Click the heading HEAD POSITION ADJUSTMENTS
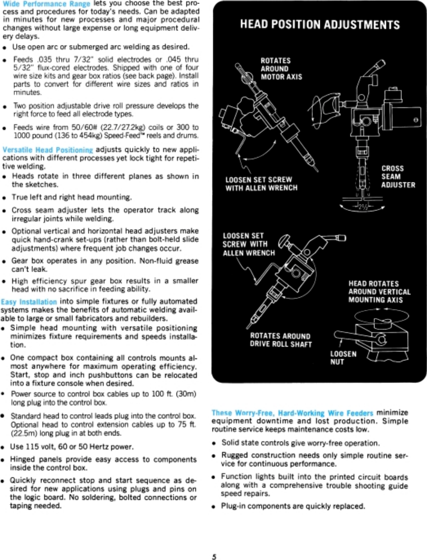(320, 25)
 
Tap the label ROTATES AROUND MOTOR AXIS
(281, 69)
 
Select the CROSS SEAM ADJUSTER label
(398, 176)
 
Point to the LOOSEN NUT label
(343, 358)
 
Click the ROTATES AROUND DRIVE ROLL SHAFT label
(281, 340)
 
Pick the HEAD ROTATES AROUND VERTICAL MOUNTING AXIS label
(379, 292)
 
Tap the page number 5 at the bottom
(214, 556)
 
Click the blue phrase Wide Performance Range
(46, 4)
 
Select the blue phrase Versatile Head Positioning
(48, 150)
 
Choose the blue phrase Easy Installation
(29, 302)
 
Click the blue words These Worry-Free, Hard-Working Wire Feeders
(292, 413)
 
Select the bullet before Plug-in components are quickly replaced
(214, 507)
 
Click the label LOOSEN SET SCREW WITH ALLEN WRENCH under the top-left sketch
(261, 184)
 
